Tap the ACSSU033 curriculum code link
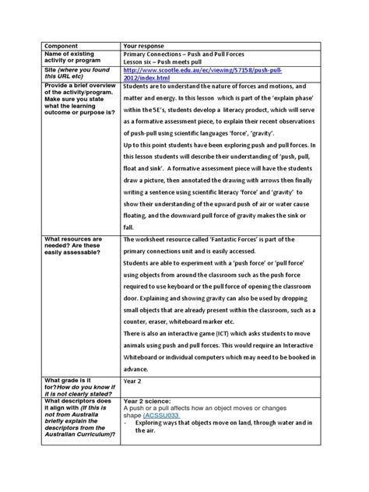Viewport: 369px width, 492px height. [162, 416]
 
